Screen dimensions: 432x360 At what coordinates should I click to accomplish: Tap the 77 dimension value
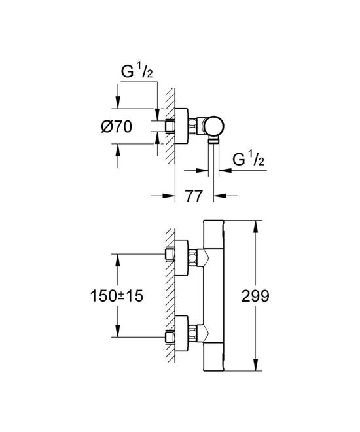pyautogui.click(x=192, y=195)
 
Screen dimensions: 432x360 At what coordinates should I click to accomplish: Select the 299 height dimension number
pyautogui.click(x=255, y=295)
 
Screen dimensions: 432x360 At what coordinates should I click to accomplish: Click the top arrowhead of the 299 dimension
pyautogui.click(x=255, y=224)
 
